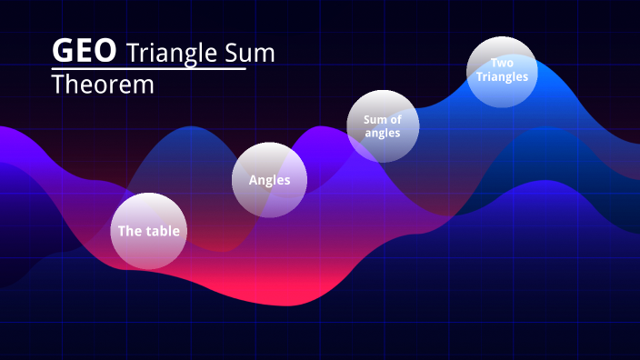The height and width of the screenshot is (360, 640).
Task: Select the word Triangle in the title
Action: (172, 53)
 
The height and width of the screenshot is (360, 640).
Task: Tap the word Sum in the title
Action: (248, 53)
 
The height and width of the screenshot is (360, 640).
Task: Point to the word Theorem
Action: (103, 85)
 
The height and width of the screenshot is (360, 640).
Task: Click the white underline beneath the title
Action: (148, 69)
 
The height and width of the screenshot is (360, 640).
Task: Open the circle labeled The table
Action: (148, 231)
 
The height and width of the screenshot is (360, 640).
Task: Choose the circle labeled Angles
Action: (270, 180)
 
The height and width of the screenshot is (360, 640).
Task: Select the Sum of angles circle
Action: (383, 125)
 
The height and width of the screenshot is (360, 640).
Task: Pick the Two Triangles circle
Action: (502, 71)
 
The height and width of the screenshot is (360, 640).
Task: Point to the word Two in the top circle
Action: (502, 63)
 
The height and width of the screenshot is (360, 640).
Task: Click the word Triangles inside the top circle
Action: (502, 76)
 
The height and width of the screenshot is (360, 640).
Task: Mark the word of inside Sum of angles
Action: (395, 119)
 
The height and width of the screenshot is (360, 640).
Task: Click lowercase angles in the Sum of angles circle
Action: (383, 133)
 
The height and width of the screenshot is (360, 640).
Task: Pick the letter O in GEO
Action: (105, 51)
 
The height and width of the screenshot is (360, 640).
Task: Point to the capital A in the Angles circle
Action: (254, 180)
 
